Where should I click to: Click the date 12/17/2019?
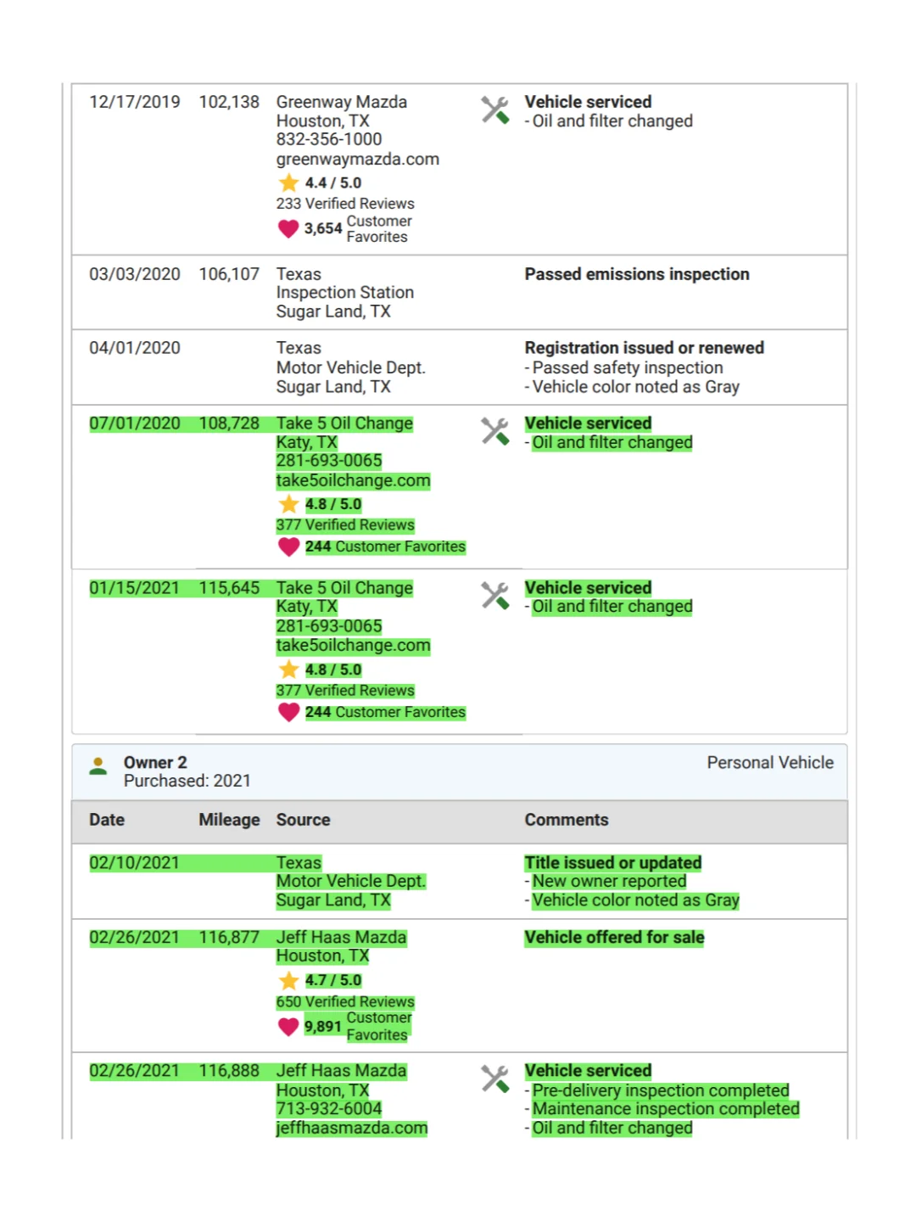click(x=135, y=102)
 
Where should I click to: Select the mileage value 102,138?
click(x=229, y=102)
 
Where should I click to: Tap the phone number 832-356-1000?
click(x=329, y=139)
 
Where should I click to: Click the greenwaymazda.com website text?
click(x=357, y=159)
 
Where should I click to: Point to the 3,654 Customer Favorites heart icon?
click(x=288, y=228)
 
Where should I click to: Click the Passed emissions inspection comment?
click(x=637, y=274)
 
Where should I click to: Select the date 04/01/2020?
click(x=135, y=348)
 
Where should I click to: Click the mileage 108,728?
click(x=229, y=423)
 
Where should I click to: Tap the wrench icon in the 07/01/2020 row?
click(x=495, y=431)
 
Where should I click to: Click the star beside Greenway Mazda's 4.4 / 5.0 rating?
click(x=288, y=182)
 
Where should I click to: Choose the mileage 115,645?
click(x=229, y=588)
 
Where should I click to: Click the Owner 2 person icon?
click(x=98, y=766)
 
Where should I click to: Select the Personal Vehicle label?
click(x=770, y=763)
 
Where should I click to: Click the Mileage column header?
click(x=229, y=820)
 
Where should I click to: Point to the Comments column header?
click(x=567, y=820)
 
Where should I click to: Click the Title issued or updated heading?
click(x=613, y=863)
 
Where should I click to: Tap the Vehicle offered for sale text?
click(x=614, y=938)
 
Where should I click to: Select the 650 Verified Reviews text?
click(x=345, y=1002)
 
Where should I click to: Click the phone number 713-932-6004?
click(x=329, y=1109)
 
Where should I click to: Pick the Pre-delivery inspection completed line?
click(x=661, y=1090)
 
